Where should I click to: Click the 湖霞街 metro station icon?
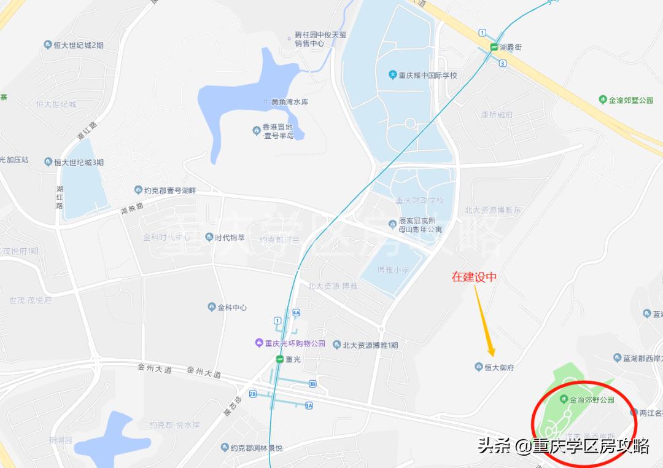[x=494, y=47]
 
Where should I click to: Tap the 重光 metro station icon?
[x=280, y=359]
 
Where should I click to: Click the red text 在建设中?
[x=474, y=278]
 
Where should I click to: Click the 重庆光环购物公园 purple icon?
[x=260, y=344]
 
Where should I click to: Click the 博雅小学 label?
[x=393, y=270]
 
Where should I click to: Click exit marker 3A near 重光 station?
[x=309, y=405]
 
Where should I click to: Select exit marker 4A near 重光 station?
[x=296, y=313]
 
